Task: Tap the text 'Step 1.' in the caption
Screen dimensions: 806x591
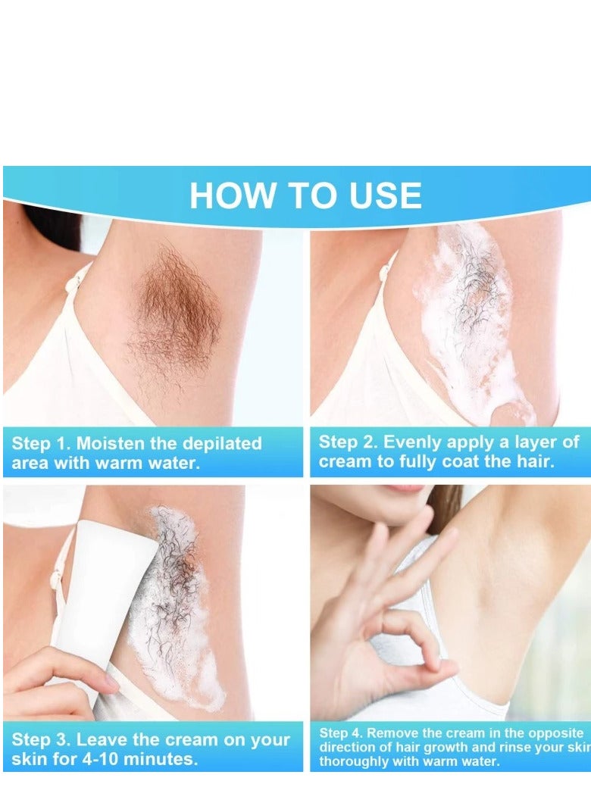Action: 40,444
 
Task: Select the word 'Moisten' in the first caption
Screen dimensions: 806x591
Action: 112,444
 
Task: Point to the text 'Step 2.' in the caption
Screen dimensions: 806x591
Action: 347,442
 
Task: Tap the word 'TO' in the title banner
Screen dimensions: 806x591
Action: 305,195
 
